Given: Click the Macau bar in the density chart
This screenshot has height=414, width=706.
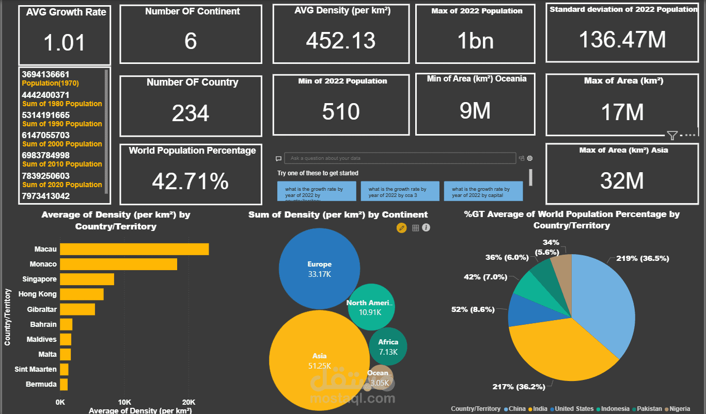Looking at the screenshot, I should (x=134, y=249).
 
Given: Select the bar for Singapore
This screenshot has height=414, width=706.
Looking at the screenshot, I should (x=87, y=279).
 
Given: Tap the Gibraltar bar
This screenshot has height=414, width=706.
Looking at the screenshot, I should (x=77, y=309).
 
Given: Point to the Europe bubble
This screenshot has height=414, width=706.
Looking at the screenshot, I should (x=319, y=268).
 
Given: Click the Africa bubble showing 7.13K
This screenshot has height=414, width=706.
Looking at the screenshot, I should (x=388, y=346).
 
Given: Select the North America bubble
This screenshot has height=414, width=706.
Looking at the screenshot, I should (x=370, y=307).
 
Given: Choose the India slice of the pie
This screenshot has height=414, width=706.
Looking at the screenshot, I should (x=558, y=351).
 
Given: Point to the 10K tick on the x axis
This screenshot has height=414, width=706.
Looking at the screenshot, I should (x=124, y=402).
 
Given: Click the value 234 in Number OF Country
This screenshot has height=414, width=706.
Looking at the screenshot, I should (x=191, y=113).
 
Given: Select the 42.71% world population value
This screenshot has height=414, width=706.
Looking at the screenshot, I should (x=191, y=181).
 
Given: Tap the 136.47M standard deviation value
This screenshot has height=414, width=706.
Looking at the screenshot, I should (x=622, y=40).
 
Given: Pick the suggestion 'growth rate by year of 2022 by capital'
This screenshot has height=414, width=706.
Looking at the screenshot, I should (x=483, y=192).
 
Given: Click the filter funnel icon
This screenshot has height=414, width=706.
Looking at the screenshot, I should (x=672, y=136).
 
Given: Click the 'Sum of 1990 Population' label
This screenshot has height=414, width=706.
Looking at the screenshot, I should (x=62, y=124).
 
